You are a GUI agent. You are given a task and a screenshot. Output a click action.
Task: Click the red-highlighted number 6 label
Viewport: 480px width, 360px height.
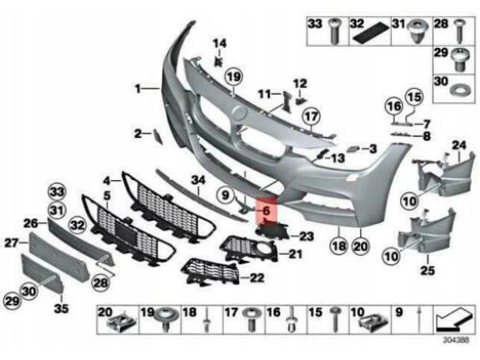(x=266, y=210)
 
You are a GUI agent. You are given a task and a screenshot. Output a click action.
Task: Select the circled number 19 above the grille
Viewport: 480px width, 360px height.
(x=234, y=77)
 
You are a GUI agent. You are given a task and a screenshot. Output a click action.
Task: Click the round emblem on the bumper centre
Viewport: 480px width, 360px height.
(x=240, y=112)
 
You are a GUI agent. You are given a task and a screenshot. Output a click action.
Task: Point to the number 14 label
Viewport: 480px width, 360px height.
(x=219, y=43)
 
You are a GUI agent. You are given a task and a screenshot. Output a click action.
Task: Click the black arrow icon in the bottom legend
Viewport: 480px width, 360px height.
(x=454, y=320)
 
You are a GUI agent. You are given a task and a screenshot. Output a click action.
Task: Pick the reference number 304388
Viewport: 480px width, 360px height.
(x=456, y=340)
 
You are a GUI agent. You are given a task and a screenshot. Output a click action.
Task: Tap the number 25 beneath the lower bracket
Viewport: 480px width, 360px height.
(x=427, y=270)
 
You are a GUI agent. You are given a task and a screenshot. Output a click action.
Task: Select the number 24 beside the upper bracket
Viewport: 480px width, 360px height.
(x=459, y=145)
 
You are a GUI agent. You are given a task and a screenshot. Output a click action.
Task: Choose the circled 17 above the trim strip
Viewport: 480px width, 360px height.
(x=311, y=116)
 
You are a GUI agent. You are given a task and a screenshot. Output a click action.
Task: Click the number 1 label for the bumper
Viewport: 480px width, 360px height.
(x=138, y=89)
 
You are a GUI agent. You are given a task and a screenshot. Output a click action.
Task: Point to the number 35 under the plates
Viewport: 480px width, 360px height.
(x=61, y=308)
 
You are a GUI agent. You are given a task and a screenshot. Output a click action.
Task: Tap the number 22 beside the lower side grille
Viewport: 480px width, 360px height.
(x=257, y=277)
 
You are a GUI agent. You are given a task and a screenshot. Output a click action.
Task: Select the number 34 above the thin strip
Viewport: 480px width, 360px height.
(x=199, y=180)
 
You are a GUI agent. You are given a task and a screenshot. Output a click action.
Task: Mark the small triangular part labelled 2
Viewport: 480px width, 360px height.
(x=157, y=137)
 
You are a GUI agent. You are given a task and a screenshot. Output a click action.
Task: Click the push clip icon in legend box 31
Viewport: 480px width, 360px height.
(x=419, y=31)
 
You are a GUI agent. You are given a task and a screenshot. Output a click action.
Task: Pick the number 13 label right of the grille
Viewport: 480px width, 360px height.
(x=337, y=157)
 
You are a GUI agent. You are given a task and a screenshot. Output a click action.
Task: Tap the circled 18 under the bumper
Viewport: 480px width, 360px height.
(x=339, y=247)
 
